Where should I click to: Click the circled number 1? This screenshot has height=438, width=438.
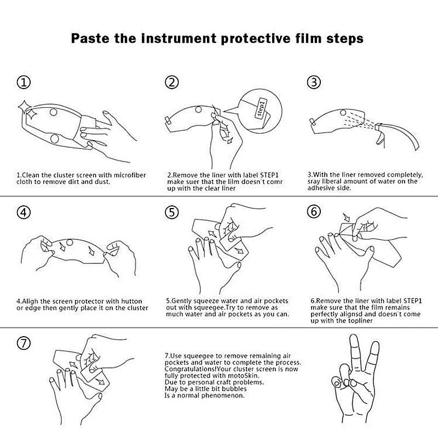pos(24,83)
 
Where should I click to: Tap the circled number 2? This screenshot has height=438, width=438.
pos(171,83)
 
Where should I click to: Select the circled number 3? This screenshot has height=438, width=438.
pos(314,83)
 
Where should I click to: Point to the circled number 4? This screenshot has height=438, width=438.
pos(24,212)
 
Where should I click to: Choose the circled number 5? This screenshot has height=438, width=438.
pos(171,212)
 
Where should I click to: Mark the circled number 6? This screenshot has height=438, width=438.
pos(314,211)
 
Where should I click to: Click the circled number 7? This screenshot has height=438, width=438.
pos(24,343)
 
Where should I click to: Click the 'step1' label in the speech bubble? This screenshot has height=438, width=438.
pos(261,108)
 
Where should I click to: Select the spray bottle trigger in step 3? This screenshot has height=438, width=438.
pos(380,138)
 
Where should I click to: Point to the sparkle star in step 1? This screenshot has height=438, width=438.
pos(27,111)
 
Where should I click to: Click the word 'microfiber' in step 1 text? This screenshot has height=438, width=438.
pos(130,175)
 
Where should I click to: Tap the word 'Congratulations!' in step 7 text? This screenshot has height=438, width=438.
pos(191,369)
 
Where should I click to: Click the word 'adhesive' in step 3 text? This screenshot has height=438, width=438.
pos(320,188)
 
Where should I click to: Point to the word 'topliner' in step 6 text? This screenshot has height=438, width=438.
pos(360,321)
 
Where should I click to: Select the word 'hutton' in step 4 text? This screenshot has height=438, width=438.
pos(131,302)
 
